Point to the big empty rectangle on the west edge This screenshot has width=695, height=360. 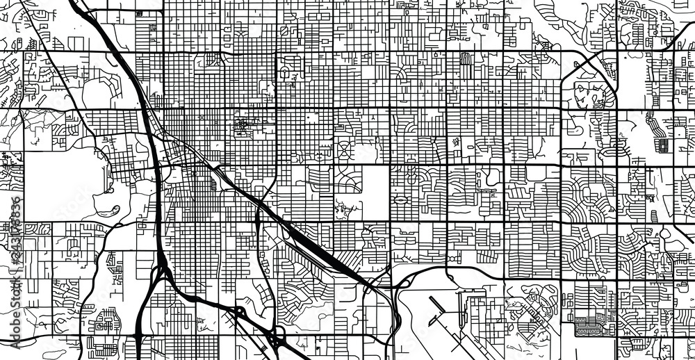point(59,184)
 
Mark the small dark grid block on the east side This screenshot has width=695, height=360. point(663,145)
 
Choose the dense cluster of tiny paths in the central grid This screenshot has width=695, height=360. point(245,127)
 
